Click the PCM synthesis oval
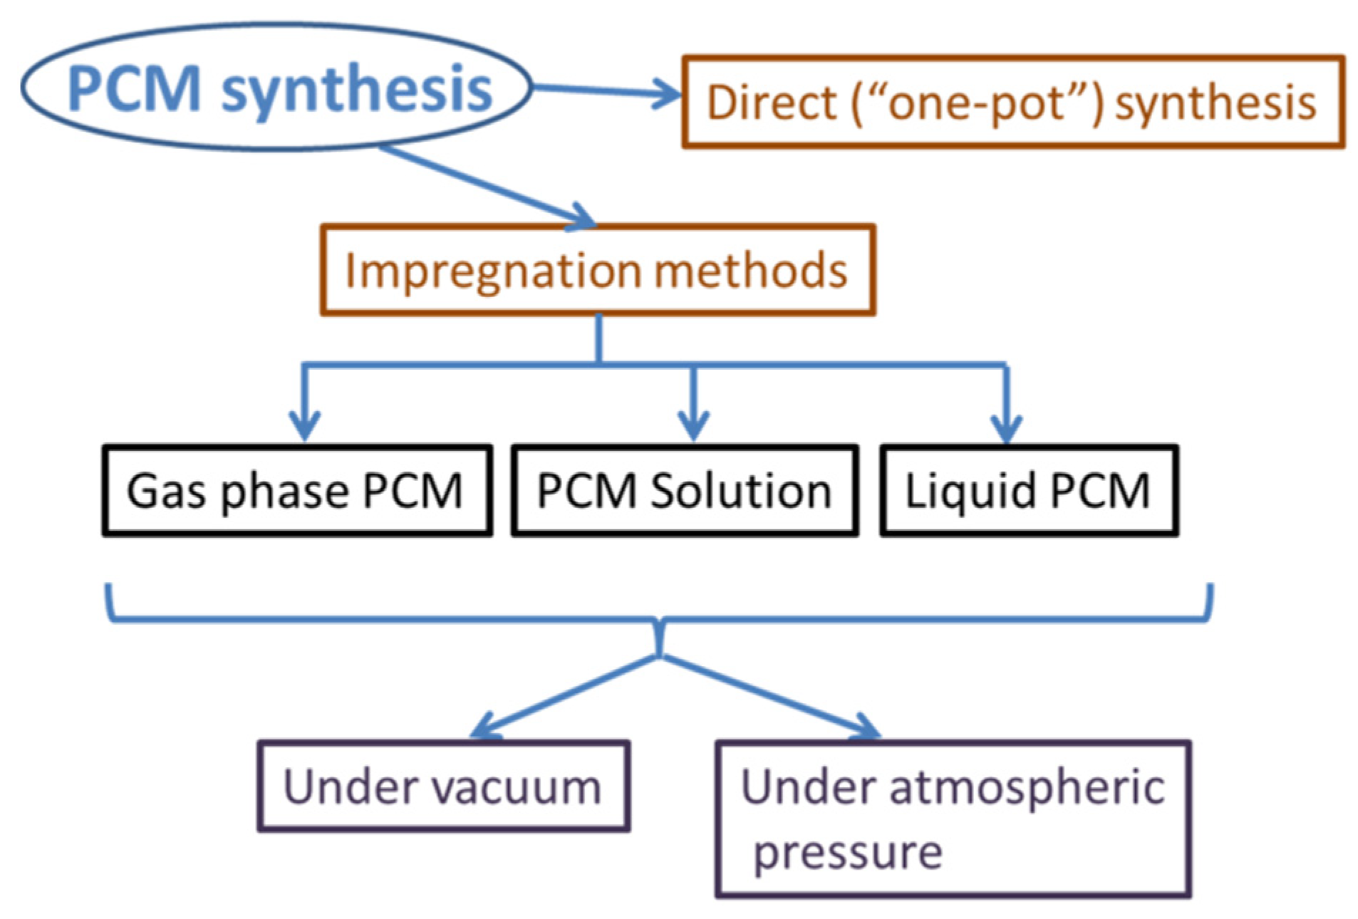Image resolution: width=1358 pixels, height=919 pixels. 276,87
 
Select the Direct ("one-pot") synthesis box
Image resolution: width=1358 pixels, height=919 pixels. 1012,102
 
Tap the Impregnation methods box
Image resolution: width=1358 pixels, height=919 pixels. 597,271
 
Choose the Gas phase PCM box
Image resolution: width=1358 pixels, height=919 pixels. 296,491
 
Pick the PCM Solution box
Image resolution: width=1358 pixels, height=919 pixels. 684,491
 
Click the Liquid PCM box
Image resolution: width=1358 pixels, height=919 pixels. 1028,491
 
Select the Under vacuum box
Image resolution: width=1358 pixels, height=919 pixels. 443,786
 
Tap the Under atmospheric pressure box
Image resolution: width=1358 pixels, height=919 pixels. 953,819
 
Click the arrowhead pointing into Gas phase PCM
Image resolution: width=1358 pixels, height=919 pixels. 305,426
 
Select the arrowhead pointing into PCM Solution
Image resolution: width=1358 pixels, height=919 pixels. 693,426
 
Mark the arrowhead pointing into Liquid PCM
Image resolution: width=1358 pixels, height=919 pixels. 1006,427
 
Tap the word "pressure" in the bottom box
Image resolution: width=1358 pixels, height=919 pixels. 848,852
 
